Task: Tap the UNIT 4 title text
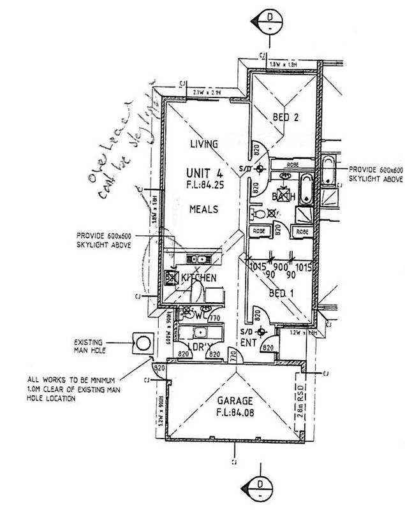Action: pos(203,173)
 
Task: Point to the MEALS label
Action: pos(203,209)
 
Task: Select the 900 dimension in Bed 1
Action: pos(281,266)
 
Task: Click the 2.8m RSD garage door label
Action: pos(299,401)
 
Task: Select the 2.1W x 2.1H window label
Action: pos(206,93)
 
